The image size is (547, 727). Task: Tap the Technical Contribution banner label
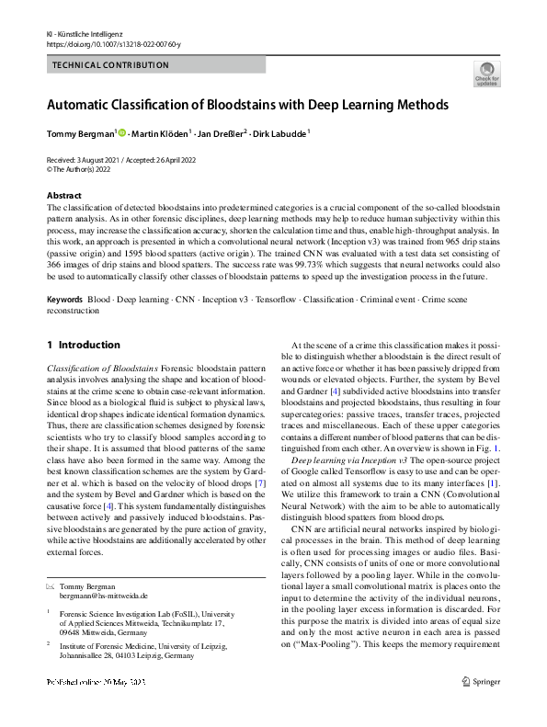tap(110, 65)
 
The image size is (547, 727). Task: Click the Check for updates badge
tap(486, 74)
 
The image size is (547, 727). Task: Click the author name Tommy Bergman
tap(81, 134)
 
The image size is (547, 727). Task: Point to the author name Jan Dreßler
tap(219, 134)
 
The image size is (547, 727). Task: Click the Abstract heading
tap(63, 196)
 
